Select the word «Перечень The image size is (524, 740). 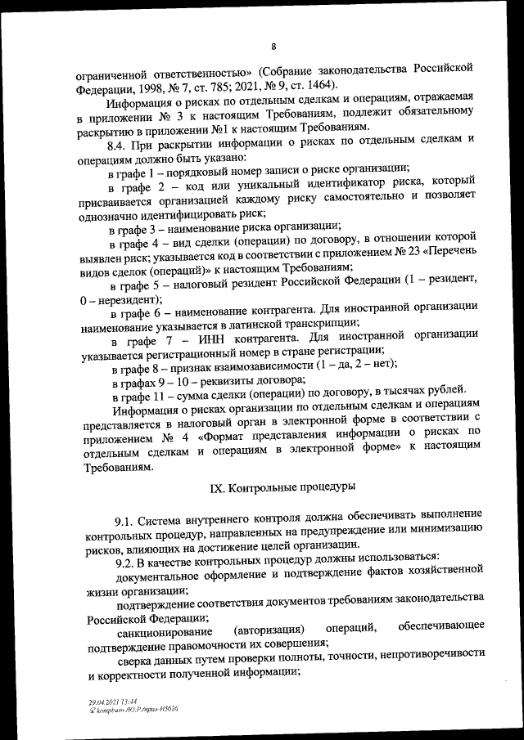(455, 253)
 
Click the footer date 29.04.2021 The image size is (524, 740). (103, 701)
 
